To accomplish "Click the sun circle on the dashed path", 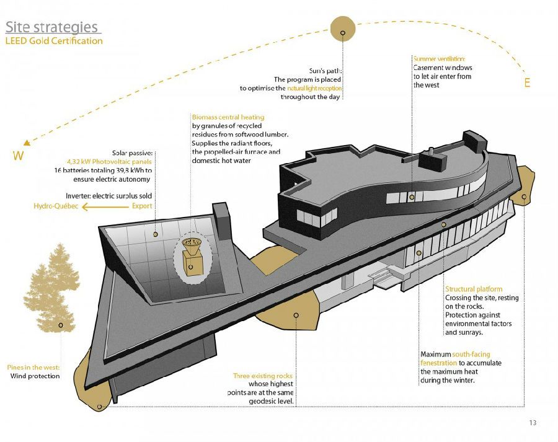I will click(343, 29).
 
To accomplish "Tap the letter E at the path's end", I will click(528, 82).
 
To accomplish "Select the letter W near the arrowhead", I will click(18, 156).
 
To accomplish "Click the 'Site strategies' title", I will click(52, 27).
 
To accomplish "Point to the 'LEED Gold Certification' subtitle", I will click(54, 41).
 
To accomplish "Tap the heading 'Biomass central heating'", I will click(228, 117).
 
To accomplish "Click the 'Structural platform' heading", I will click(474, 289).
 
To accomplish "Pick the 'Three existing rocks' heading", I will click(263, 376).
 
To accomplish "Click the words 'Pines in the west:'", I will click(33, 367).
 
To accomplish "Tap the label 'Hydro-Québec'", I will click(56, 206).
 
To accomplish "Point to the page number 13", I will click(533, 423).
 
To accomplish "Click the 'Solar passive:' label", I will click(133, 153).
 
